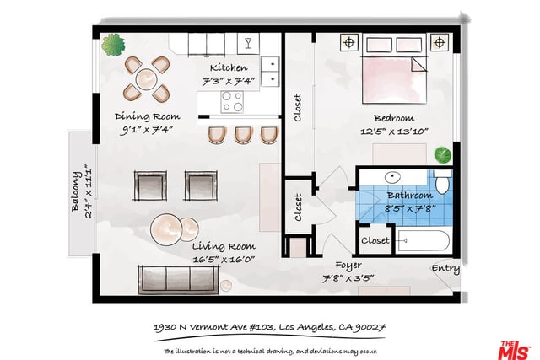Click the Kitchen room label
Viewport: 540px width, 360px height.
coord(229,67)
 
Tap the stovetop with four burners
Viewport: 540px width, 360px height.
coord(232,102)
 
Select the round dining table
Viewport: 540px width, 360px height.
coord(146,79)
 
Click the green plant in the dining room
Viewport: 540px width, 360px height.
coord(113,45)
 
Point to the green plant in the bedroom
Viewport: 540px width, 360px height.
coord(442,154)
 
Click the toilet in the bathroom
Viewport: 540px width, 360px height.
coord(443,182)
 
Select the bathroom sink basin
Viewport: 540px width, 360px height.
coord(392,178)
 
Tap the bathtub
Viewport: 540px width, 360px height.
coord(424,240)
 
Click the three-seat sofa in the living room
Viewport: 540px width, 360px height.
coord(178,280)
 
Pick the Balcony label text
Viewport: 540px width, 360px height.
coord(76,191)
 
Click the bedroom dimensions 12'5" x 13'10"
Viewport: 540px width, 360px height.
coord(394,132)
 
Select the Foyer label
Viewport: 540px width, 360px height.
coord(348,266)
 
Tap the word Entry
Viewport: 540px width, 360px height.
coord(445,269)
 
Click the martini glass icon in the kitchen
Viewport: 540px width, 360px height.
coord(248,43)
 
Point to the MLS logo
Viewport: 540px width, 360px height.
coord(514,351)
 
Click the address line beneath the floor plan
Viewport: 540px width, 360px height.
coord(269,327)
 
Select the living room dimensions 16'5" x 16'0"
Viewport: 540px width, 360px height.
coord(224,259)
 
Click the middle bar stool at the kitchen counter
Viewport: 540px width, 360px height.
coord(244,135)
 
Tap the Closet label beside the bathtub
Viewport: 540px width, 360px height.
coord(375,240)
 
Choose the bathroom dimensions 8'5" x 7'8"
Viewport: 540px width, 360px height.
coord(410,208)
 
